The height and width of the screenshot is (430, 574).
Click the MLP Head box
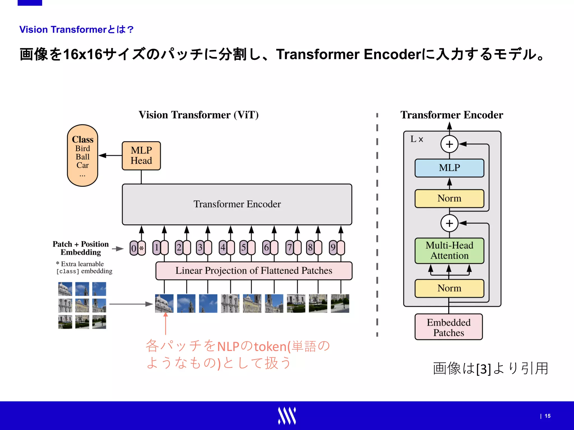coord(141,156)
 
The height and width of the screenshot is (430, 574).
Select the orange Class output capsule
coord(82,155)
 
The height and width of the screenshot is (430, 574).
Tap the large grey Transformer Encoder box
coord(237,204)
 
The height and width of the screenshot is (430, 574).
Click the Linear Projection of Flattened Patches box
coord(254,270)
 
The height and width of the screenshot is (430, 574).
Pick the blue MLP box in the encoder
coord(449,168)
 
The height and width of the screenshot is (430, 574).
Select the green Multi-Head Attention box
coord(449,250)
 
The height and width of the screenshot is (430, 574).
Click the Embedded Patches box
coord(448,327)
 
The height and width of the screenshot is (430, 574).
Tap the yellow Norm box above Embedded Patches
coord(449,288)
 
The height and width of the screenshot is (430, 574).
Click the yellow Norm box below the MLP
coord(449,198)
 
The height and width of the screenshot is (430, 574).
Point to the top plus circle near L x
coord(449,144)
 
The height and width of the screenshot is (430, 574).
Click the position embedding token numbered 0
coord(134,248)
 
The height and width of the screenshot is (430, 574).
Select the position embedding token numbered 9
coord(333,247)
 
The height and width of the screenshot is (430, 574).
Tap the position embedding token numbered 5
coord(243,247)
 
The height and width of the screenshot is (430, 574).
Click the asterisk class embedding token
coord(142,248)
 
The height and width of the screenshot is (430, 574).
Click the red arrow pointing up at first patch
coord(166,323)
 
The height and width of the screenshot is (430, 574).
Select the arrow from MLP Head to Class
coord(110,155)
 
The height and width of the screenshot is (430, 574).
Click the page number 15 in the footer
coord(547,416)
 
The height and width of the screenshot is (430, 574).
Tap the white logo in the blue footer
coord(287,416)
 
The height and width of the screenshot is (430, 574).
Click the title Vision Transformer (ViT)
coord(198,115)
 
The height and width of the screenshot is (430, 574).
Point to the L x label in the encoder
coord(416,139)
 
